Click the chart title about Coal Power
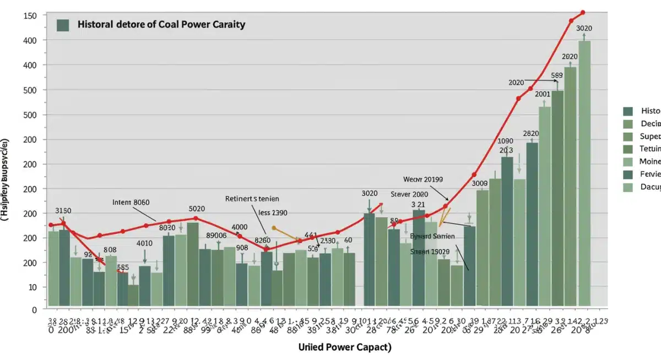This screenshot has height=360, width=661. pos(161,25)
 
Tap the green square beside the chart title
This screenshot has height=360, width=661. pos(63,25)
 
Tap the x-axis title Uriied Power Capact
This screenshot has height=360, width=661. pos(345,347)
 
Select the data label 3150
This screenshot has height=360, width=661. pos(63,210)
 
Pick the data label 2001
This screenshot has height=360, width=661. pos(543,94)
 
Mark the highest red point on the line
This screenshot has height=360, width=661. pos(583,12)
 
